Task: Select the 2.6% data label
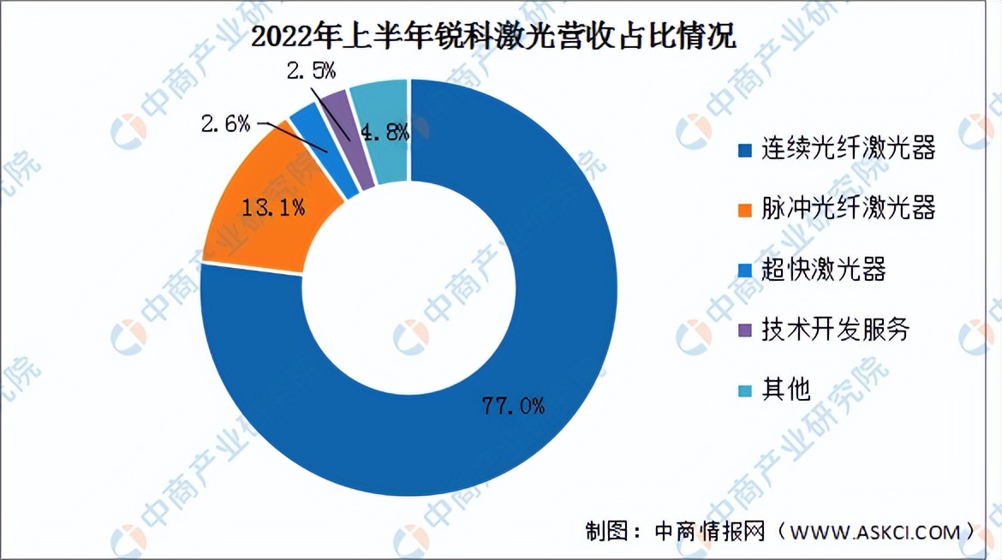pos(225,124)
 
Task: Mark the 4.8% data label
pos(384,133)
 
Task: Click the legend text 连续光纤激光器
pos(848,149)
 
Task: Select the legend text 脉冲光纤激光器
pos(848,209)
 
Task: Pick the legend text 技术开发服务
pos(835,330)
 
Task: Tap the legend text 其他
pos(785,390)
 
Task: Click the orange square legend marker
pos(745,210)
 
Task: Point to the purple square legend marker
pos(745,331)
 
